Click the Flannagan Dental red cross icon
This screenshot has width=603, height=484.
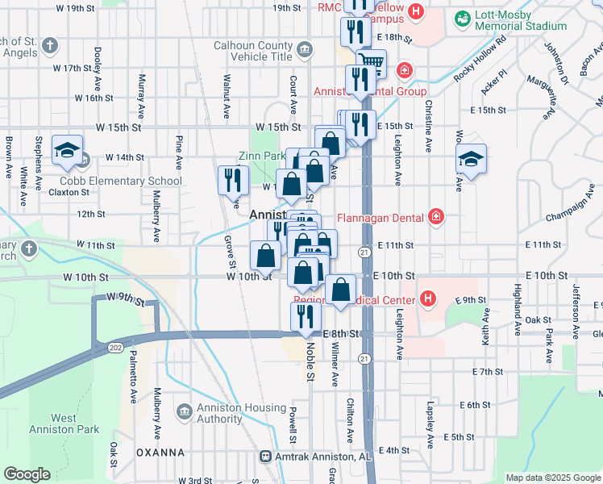pos(436,215)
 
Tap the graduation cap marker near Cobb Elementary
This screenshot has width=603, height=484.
pos(68,150)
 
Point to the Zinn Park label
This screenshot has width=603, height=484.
pos(262,156)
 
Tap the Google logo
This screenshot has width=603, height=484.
pos(27,474)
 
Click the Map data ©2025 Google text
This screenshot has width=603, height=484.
pos(552,478)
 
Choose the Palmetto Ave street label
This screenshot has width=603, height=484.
pos(131,382)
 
